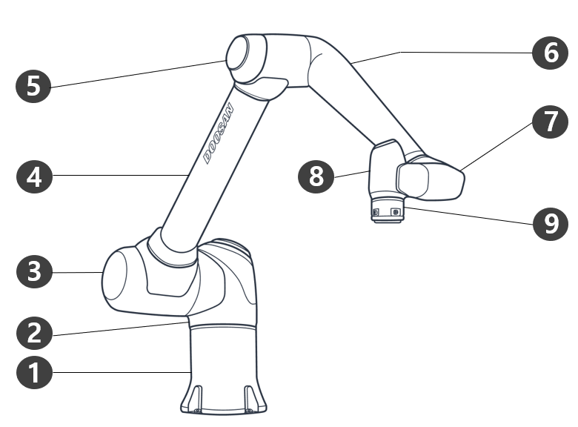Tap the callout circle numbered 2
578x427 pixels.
click(34, 332)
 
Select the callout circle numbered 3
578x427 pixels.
click(34, 271)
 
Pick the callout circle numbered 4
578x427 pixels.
click(34, 176)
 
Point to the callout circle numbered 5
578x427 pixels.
click(33, 85)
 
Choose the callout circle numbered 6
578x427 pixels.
click(551, 53)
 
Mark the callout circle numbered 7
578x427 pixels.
click(551, 122)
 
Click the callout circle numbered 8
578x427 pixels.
click(316, 176)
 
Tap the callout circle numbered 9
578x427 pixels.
click(551, 223)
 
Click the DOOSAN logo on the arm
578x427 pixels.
click(219, 133)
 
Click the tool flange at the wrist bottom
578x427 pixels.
click(387, 211)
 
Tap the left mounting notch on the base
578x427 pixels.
click(198, 399)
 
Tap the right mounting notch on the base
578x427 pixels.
click(249, 399)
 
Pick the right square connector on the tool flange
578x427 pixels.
click(396, 212)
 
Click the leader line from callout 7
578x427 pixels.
click(497, 146)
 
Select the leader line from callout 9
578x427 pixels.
click(468, 216)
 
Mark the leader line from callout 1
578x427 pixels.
click(122, 372)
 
